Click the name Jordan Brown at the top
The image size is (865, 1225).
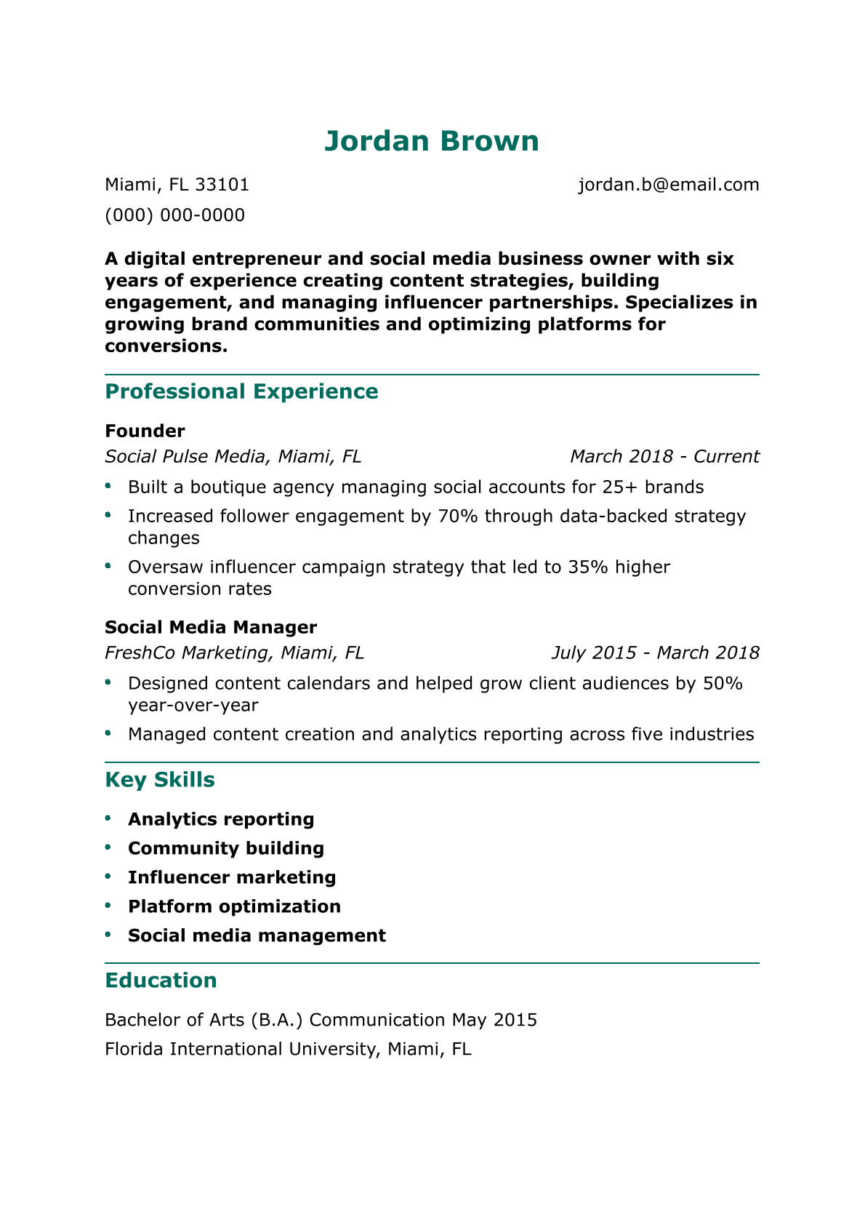click(x=432, y=141)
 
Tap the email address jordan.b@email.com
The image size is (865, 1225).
click(x=668, y=185)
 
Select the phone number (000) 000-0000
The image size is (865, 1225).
click(x=174, y=215)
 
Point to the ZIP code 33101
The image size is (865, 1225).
click(x=222, y=185)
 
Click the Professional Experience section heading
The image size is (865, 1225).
click(x=241, y=391)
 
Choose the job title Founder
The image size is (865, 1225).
click(x=145, y=431)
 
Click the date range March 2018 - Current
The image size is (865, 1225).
click(x=664, y=457)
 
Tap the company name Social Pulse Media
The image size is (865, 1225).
click(x=186, y=457)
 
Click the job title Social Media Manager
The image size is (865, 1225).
click(x=211, y=627)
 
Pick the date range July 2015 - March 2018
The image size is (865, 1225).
click(x=655, y=653)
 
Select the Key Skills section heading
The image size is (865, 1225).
click(x=160, y=780)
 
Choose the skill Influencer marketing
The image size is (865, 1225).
click(x=232, y=877)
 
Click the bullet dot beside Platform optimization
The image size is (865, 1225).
click(x=108, y=906)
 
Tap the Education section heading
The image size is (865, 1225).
click(x=161, y=981)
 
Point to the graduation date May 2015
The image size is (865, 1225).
click(x=494, y=1020)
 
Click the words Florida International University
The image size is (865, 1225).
click(x=240, y=1049)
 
